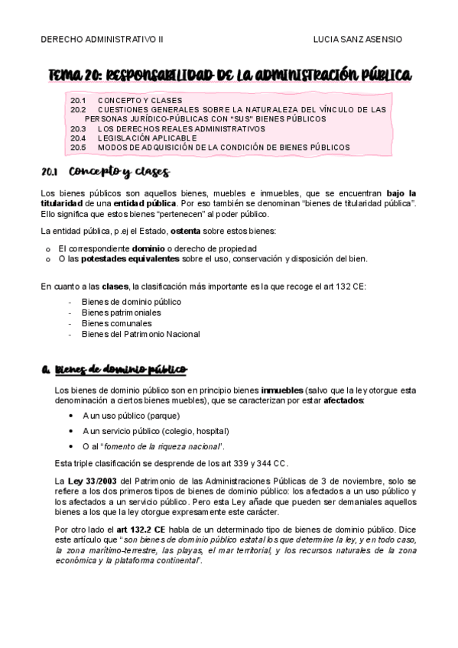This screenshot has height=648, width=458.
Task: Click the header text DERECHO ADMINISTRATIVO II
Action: click(x=96, y=38)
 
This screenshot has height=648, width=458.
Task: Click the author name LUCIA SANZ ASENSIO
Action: click(x=358, y=38)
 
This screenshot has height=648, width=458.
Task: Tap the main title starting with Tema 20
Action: click(x=229, y=75)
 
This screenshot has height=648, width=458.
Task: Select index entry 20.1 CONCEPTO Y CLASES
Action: click(x=125, y=100)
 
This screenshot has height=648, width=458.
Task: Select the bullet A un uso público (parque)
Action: click(x=131, y=416)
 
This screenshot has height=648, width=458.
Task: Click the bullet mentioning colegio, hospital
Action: click(x=149, y=431)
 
